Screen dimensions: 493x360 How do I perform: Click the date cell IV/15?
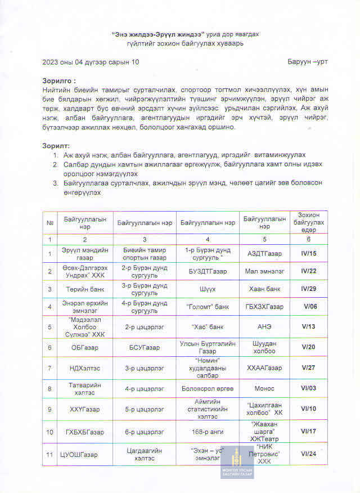coord(309,254)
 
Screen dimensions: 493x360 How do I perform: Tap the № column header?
coord(49,222)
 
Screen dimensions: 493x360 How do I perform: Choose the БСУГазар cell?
coord(145,348)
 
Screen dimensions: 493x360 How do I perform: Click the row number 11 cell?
coord(49,453)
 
